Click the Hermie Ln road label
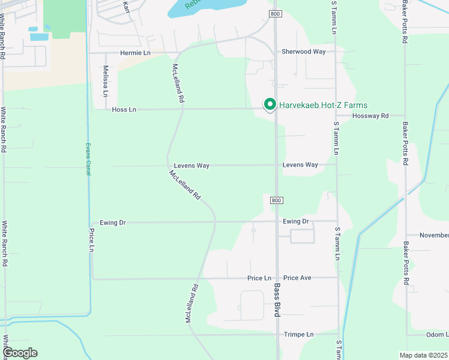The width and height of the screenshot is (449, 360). (135, 53)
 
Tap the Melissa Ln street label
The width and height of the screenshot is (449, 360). (105, 82)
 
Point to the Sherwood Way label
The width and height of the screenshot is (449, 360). (304, 52)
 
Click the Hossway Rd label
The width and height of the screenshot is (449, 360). (370, 116)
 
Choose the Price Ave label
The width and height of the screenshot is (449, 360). (297, 278)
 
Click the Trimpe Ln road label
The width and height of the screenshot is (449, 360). (299, 334)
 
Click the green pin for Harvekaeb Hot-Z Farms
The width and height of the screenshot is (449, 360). (270, 105)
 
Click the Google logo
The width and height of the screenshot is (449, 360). (20, 353)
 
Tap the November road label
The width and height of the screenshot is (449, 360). (433, 235)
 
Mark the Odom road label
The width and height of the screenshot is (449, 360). (438, 334)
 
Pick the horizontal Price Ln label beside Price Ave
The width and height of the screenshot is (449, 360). (259, 278)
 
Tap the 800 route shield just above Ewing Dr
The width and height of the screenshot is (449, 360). (275, 200)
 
